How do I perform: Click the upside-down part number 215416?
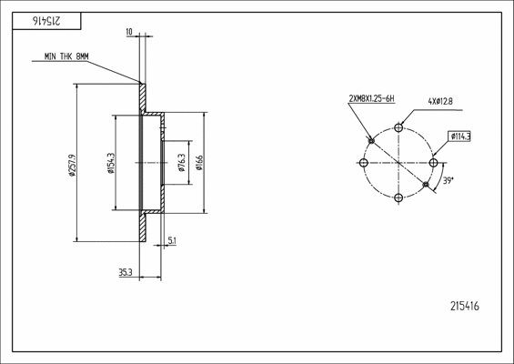click(46, 21)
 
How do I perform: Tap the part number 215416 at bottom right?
click(465, 306)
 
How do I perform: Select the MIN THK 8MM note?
click(66, 56)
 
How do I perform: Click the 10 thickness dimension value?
click(129, 32)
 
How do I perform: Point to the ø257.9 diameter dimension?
click(73, 165)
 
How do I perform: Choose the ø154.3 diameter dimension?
click(112, 163)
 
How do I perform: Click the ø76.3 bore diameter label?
click(182, 163)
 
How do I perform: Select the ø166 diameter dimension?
click(199, 163)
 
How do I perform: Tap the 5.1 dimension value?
click(172, 241)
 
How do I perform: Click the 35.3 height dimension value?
click(126, 272)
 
